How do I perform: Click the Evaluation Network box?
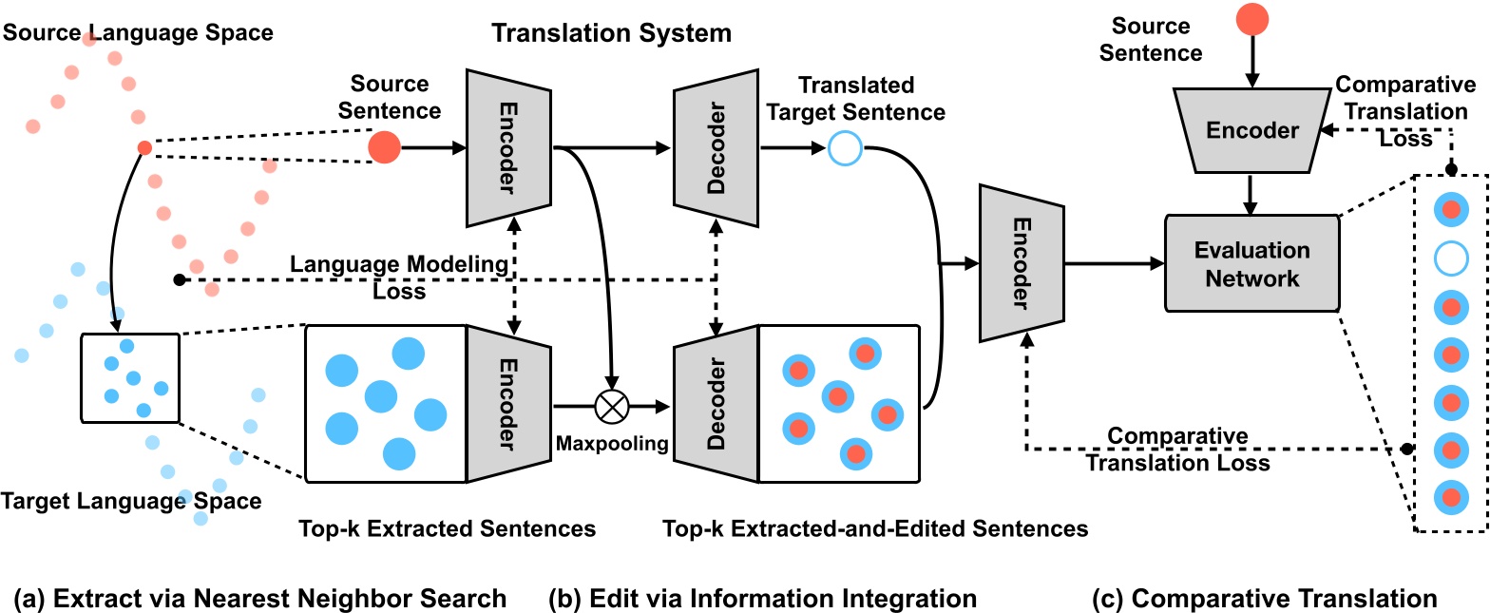click(1251, 264)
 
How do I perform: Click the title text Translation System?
click(611, 33)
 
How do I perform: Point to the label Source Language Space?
click(138, 32)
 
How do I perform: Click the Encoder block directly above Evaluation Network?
click(1251, 132)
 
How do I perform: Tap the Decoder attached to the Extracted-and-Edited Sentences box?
click(716, 404)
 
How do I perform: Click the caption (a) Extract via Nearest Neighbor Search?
click(259, 599)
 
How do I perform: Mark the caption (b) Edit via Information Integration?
click(762, 599)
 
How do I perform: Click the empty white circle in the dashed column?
click(1451, 257)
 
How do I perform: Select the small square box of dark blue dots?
click(130, 377)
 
